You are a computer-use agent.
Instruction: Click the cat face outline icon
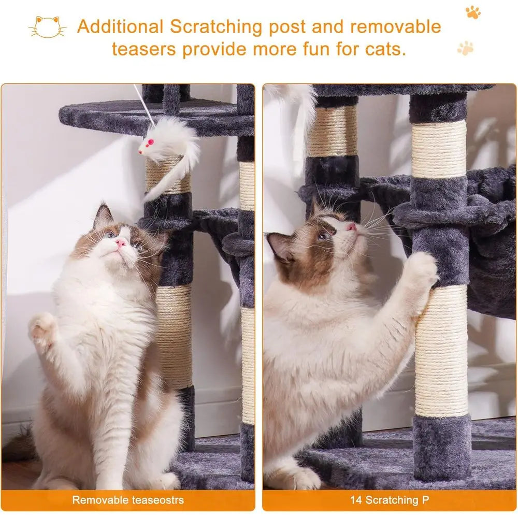tap(47, 27)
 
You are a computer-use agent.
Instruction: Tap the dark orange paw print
tap(473, 12)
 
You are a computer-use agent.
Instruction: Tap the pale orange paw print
tap(466, 48)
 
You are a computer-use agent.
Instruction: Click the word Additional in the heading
tap(120, 27)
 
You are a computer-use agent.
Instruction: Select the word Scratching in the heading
tap(217, 27)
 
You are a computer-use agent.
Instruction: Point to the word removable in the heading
tap(395, 27)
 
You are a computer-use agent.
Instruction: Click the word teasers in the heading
tap(144, 50)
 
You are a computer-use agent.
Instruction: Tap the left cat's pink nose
tap(121, 243)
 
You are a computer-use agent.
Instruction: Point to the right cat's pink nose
tap(351, 227)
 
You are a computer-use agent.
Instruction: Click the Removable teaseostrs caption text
tap(128, 500)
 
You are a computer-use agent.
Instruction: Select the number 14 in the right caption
tap(356, 500)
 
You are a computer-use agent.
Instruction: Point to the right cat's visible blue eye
tap(322, 236)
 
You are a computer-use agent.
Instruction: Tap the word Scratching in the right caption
tap(392, 500)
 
